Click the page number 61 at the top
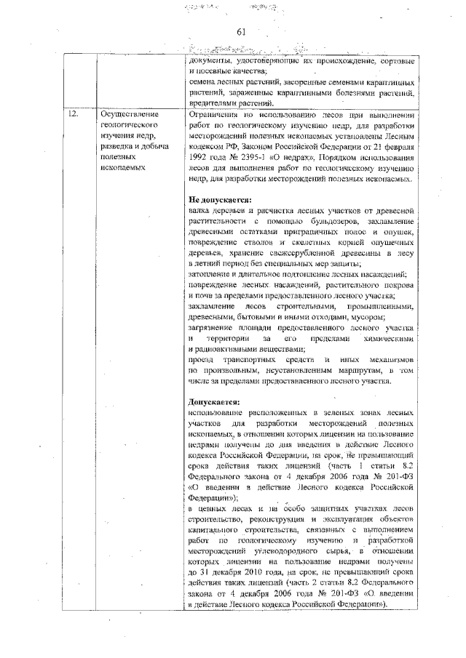point(242,31)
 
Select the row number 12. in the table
point(72,115)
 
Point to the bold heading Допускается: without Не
point(213,401)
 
